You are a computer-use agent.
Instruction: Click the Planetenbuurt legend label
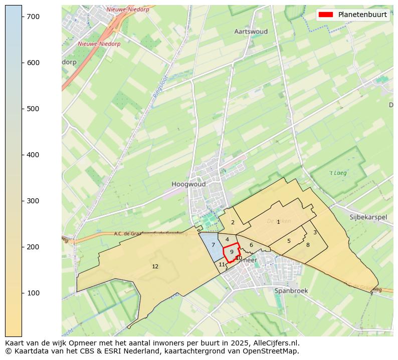click(x=362, y=15)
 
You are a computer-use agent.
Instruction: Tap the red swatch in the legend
click(x=326, y=15)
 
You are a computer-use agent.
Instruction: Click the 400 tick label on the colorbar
click(x=33, y=155)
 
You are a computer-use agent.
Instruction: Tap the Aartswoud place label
click(x=251, y=32)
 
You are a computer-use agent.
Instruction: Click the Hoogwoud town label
click(x=188, y=184)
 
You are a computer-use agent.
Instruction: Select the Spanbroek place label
click(x=291, y=290)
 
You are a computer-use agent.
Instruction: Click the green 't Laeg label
click(x=338, y=173)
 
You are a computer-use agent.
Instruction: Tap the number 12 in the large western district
click(x=155, y=266)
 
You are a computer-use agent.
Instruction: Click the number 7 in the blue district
click(x=213, y=245)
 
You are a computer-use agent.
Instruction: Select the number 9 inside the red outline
click(x=232, y=252)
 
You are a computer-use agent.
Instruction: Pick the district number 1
click(x=278, y=222)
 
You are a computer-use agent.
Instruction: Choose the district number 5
click(x=289, y=241)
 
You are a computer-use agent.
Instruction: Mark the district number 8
click(x=308, y=245)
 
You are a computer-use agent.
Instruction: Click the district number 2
click(x=233, y=222)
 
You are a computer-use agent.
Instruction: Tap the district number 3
click(x=315, y=232)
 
